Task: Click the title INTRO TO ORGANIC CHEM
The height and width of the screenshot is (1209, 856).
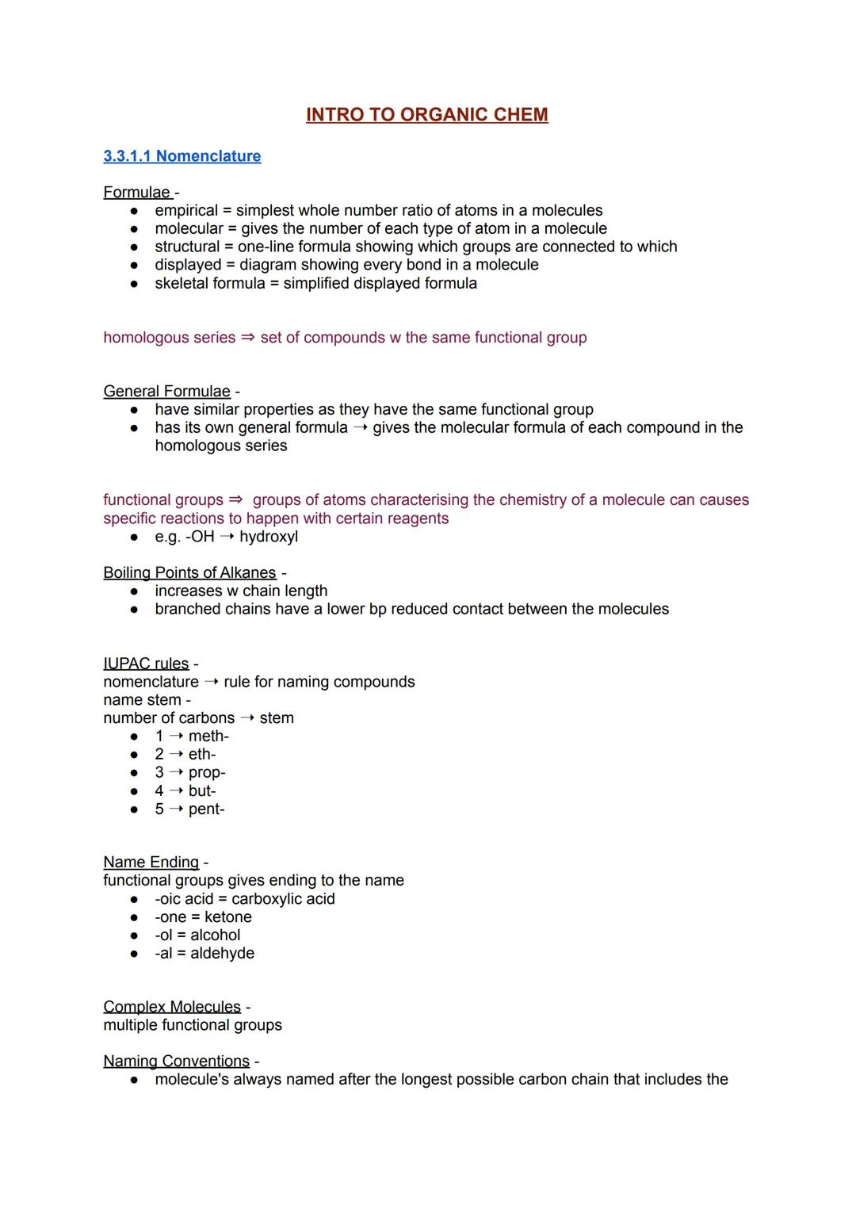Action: click(426, 115)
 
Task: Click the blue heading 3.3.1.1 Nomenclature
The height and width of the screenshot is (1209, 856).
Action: click(182, 156)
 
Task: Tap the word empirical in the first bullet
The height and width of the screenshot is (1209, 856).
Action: click(186, 211)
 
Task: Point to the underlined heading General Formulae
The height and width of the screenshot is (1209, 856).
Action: click(166, 392)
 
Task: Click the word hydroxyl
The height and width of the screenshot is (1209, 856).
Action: click(269, 537)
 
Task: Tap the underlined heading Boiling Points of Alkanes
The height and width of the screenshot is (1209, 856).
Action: click(189, 573)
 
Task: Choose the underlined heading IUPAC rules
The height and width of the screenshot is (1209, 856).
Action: click(146, 664)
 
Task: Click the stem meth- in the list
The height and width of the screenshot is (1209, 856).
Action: click(208, 736)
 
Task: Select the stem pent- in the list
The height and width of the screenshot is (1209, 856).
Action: click(206, 809)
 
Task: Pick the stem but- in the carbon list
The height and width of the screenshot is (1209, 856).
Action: click(202, 791)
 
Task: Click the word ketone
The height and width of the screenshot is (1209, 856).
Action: click(228, 917)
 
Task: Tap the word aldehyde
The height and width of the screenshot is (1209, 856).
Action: click(222, 954)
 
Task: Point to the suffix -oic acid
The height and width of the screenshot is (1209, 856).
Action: click(184, 899)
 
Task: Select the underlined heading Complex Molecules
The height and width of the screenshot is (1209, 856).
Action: click(172, 1007)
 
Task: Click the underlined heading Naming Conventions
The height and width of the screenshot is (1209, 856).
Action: click(176, 1062)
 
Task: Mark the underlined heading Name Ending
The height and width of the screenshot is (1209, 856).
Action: click(151, 863)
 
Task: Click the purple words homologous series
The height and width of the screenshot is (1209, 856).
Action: click(169, 338)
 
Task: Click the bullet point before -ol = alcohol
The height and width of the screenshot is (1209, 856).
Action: click(135, 936)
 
